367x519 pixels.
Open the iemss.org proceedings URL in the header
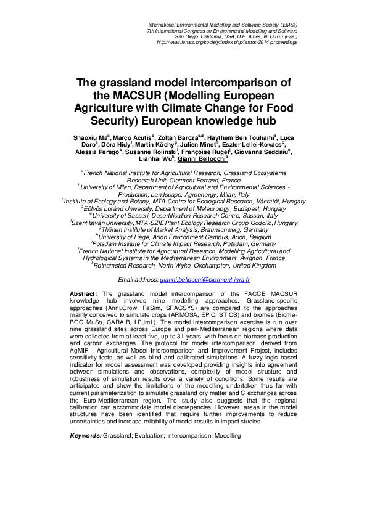click(228, 43)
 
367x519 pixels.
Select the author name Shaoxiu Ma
click(90, 137)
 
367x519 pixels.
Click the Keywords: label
click(85, 436)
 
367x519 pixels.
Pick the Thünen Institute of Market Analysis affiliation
click(185, 229)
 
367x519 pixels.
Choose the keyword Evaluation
click(146, 436)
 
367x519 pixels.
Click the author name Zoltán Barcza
click(179, 137)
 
